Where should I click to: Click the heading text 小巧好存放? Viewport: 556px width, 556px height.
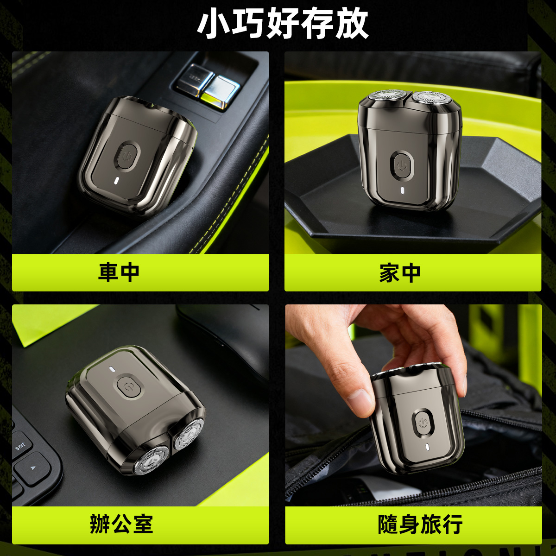[283, 24]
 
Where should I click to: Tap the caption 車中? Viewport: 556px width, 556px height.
[119, 272]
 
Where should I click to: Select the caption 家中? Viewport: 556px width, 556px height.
[399, 272]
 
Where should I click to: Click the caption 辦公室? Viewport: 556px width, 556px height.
[121, 524]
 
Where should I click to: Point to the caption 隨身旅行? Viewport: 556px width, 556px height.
[420, 524]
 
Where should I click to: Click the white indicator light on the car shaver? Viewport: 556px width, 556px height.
[116, 181]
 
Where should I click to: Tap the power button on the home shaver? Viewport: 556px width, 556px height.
[402, 165]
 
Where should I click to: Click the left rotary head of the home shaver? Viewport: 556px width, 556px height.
[386, 97]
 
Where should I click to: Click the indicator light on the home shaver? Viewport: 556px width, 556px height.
[402, 191]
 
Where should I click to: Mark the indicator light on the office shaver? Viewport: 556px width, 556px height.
[112, 369]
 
